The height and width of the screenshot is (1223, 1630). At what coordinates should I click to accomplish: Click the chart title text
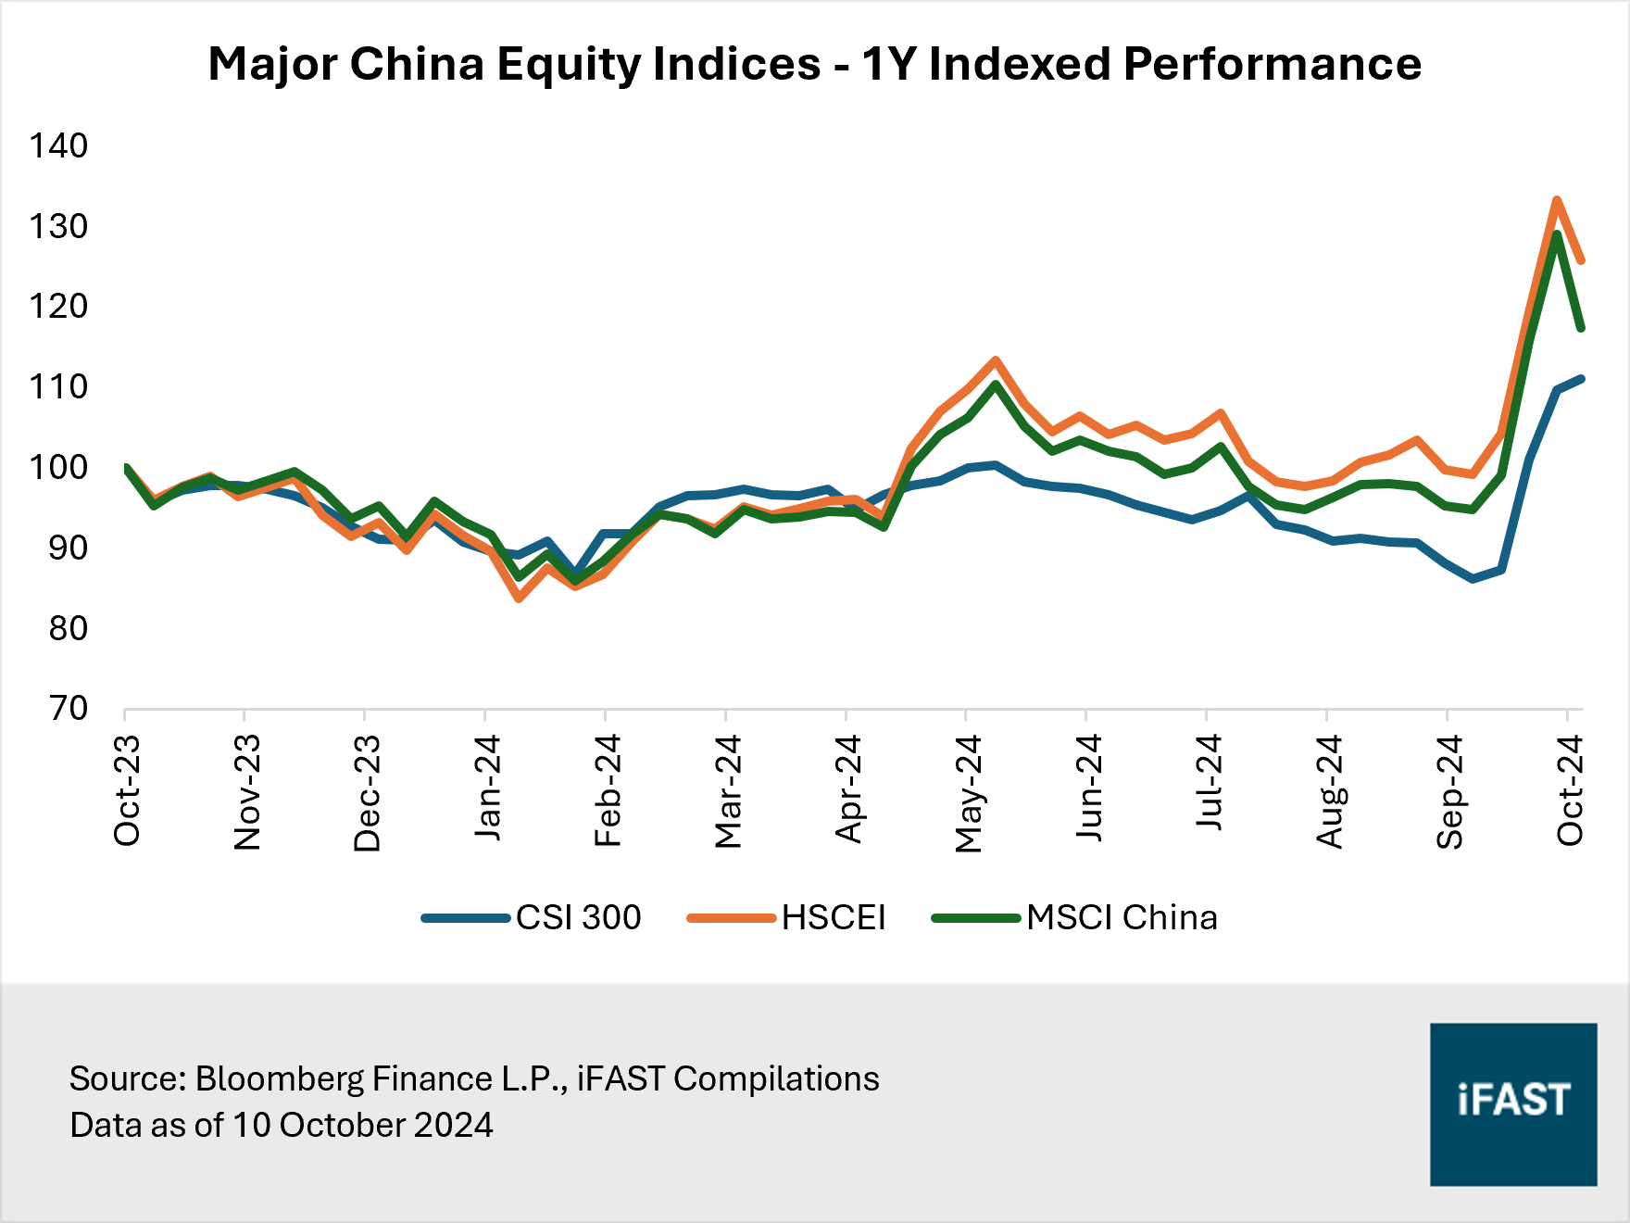814,64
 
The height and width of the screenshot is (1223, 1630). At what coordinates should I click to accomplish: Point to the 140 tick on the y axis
58,145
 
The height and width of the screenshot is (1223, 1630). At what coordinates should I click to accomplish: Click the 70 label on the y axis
67,709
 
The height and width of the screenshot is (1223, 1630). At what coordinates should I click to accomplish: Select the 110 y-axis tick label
58,386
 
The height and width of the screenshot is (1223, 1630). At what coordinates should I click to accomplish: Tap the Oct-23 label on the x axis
127,790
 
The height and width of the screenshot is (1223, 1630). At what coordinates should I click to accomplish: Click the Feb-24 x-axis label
608,790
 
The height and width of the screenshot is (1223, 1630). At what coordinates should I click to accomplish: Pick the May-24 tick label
968,793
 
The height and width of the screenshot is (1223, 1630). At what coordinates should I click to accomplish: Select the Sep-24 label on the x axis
1449,791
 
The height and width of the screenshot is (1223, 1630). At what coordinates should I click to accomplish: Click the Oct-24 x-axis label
1570,790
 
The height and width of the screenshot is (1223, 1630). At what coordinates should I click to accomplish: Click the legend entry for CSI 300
578,917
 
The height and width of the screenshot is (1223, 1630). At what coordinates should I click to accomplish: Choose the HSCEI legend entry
833,917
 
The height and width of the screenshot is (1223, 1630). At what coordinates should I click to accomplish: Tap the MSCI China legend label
1122,917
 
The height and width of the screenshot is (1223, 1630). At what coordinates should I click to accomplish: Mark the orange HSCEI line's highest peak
1557,200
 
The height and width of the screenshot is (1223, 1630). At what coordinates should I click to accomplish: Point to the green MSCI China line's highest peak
1557,234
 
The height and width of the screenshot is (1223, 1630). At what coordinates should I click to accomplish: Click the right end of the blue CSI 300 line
1581,379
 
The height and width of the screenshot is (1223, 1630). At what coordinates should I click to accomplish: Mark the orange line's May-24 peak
996,360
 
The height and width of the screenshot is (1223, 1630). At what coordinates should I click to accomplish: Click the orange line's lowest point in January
519,599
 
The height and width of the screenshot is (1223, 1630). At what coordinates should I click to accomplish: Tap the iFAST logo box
1513,1103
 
